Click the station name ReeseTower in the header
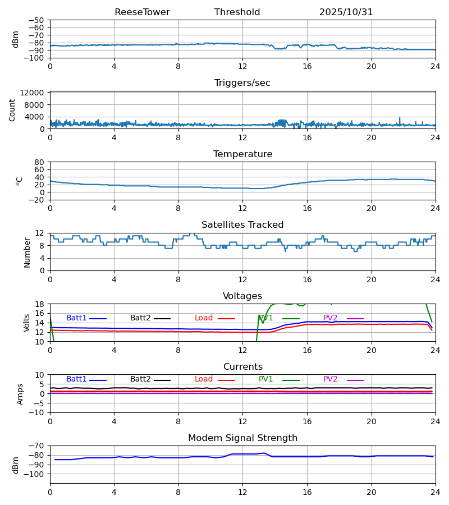click(x=142, y=12)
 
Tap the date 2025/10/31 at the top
click(x=346, y=12)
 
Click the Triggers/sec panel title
click(x=242, y=83)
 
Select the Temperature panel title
click(x=242, y=154)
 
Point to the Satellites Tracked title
click(x=242, y=225)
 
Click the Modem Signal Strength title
click(x=242, y=438)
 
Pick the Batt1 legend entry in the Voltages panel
click(x=77, y=318)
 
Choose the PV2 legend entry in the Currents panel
click(x=331, y=379)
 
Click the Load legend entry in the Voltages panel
click(x=204, y=318)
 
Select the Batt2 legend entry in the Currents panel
click(x=140, y=379)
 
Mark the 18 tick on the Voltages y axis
click(x=40, y=304)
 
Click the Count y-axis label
click(x=12, y=110)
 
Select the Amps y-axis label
click(x=21, y=394)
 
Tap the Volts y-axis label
click(x=27, y=323)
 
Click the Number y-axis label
click(x=27, y=252)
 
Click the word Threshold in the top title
click(x=237, y=12)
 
